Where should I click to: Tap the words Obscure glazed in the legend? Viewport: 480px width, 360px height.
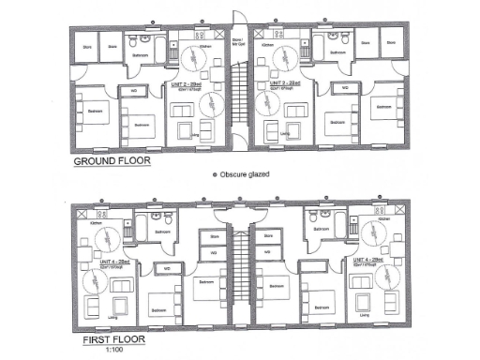click(247, 174)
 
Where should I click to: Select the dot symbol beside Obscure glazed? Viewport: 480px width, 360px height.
click(215, 174)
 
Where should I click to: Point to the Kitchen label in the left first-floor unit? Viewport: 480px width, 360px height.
click(96, 223)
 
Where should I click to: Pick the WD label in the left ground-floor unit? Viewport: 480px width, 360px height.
click(135, 92)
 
